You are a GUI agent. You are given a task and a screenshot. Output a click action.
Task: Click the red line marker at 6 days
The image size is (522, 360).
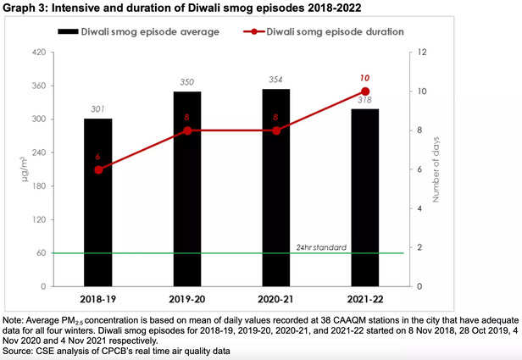point(98,169)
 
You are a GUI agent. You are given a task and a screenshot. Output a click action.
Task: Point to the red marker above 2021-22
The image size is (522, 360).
point(365,91)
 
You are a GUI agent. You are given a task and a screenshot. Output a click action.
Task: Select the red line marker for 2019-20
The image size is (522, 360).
point(187,130)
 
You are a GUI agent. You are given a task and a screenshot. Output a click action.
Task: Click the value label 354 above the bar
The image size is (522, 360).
point(276,80)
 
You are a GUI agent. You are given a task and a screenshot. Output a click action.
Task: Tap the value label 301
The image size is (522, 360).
point(98,108)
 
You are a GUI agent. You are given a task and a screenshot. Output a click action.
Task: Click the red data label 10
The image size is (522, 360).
point(365,77)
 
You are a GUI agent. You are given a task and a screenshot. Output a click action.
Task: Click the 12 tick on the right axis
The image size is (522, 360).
point(415,53)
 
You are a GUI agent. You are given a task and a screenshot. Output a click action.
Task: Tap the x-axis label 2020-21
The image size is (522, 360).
point(276,300)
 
